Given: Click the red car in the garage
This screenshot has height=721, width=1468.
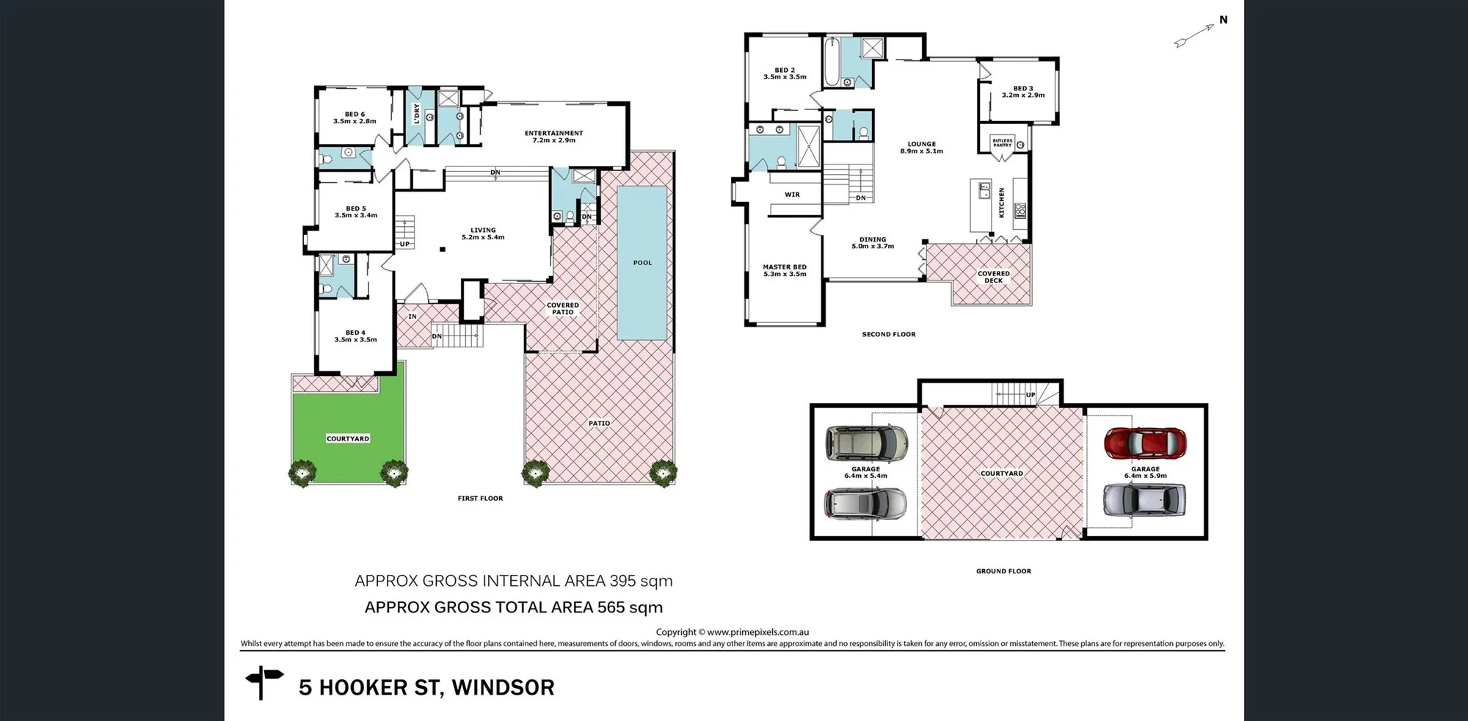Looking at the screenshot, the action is [x=1145, y=443].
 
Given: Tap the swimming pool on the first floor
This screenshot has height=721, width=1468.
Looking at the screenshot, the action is [x=642, y=263].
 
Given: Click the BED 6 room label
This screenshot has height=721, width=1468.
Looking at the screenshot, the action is [x=355, y=117].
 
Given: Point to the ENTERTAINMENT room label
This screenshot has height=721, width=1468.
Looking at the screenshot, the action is [x=554, y=137].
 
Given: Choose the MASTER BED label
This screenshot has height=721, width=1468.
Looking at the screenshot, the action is [x=785, y=270].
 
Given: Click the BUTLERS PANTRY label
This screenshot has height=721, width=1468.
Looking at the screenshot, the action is [x=1002, y=142].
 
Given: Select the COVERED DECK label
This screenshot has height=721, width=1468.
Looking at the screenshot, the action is [x=994, y=277].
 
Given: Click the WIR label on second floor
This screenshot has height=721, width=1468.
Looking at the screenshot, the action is [x=792, y=195].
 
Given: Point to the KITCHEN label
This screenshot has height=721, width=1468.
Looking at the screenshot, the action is [x=1001, y=203].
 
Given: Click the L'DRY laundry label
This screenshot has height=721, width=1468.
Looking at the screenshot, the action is [x=416, y=113].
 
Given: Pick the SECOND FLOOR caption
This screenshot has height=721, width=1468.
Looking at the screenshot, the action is [x=889, y=334].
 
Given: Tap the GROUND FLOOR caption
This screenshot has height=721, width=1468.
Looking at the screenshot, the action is [x=1003, y=571].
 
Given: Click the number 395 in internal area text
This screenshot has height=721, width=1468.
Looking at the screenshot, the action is [x=622, y=581].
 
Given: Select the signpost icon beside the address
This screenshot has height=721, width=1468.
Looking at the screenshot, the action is [x=264, y=683].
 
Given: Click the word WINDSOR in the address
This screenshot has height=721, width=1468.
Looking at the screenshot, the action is [x=503, y=688].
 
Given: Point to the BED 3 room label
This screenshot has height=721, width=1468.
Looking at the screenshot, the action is [x=1023, y=92].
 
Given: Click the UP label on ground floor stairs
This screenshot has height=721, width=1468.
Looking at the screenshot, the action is [x=1031, y=395].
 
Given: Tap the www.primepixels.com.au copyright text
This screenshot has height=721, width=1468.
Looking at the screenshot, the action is [x=758, y=632].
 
